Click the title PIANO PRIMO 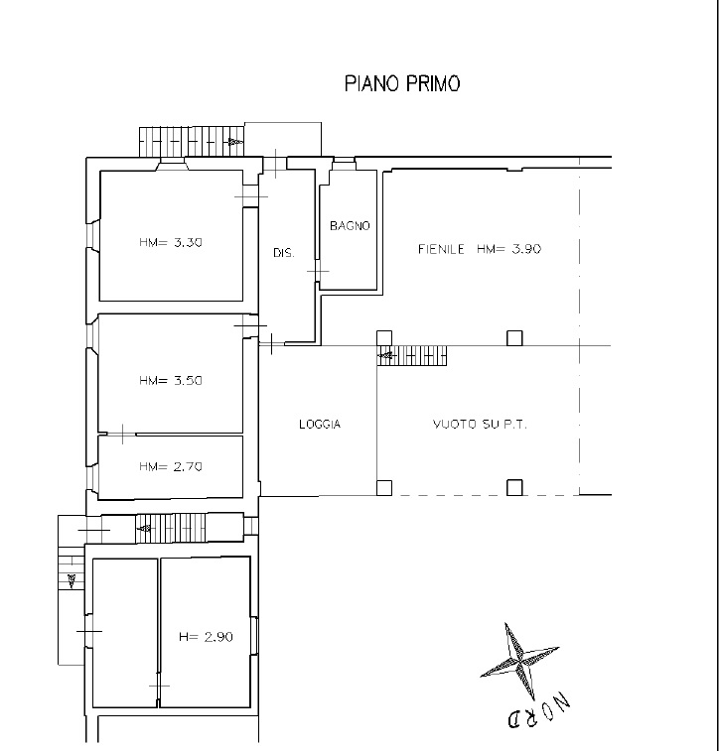tap(402, 83)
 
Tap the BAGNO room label tap(350, 225)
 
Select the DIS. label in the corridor tap(284, 252)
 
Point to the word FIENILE tap(441, 249)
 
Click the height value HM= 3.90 tap(509, 249)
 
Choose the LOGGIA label tap(320, 424)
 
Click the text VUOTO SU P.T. tap(480, 424)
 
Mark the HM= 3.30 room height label tap(171, 242)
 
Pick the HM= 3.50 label tap(171, 380)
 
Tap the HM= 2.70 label tap(171, 466)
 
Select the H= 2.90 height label tap(207, 637)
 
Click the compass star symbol tap(519, 661)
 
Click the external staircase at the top tap(192, 141)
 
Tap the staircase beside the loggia tap(412, 355)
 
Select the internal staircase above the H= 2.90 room tap(171, 529)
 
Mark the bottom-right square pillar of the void tap(514, 487)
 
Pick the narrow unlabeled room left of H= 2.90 tap(124, 632)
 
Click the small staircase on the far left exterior tap(72, 570)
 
